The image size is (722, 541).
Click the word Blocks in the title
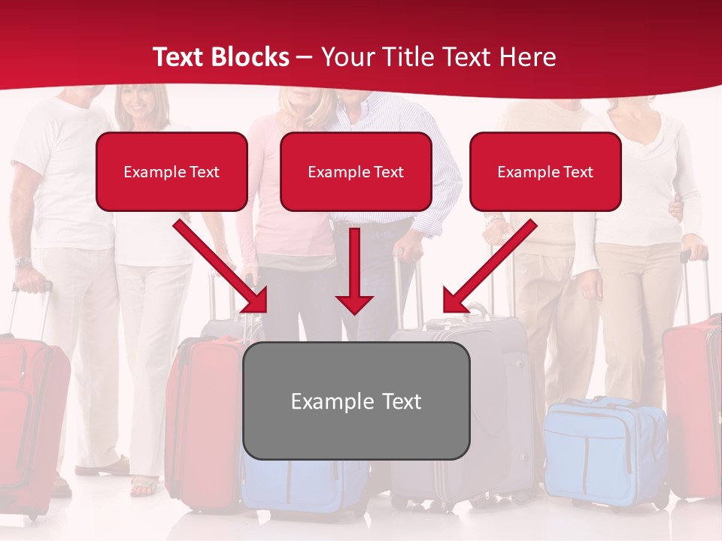click(250, 57)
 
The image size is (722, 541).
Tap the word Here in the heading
click(526, 57)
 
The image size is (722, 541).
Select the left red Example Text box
click(171, 171)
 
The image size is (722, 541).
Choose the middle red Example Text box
click(356, 171)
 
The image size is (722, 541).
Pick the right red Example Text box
click(545, 171)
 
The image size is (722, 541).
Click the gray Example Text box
click(356, 400)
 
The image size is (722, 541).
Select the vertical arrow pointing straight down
click(354, 270)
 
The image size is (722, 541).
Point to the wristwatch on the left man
click(23, 261)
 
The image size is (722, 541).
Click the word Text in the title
click(178, 57)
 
